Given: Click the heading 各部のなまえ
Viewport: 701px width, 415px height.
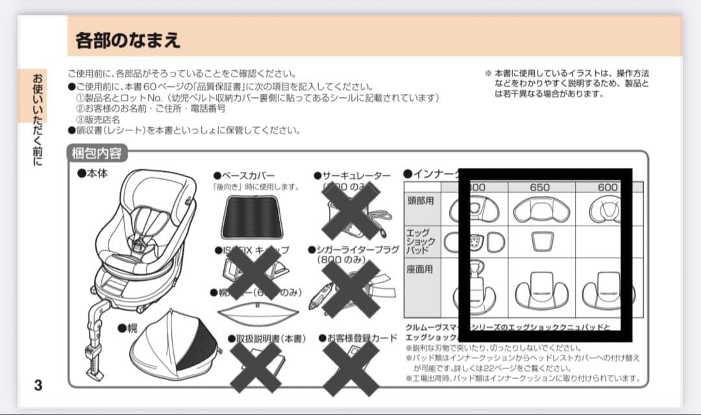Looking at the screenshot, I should click(x=128, y=40).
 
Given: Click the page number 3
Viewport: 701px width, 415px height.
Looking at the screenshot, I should click(x=38, y=385).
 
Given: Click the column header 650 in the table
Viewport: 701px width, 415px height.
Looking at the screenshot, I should click(x=539, y=187).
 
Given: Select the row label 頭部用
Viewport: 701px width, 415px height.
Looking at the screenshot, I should click(x=420, y=201).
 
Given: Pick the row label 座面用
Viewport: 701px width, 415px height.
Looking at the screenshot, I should click(x=420, y=269).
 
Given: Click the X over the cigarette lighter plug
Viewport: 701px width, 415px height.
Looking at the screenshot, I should click(x=351, y=289).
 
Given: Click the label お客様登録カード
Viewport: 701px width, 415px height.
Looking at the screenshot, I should click(x=358, y=338).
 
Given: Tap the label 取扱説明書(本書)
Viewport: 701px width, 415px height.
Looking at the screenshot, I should click(x=266, y=338).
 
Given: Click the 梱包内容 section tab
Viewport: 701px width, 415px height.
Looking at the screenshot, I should click(x=97, y=154).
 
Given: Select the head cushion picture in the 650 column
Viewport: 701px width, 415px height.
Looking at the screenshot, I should click(x=540, y=209).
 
